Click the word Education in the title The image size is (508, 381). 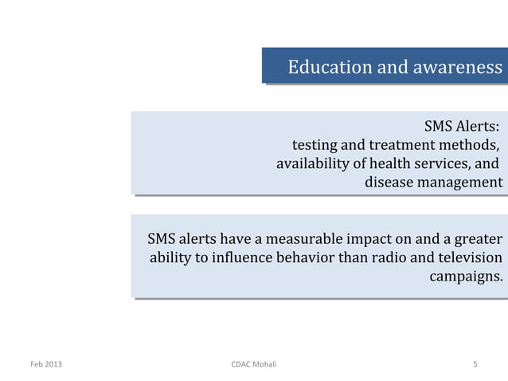[325, 66]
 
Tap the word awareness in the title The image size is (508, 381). [456, 66]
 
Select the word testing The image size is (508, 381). [315, 146]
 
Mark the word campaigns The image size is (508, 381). [466, 278]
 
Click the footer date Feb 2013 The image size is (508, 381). [44, 365]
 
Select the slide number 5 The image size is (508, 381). [475, 365]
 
